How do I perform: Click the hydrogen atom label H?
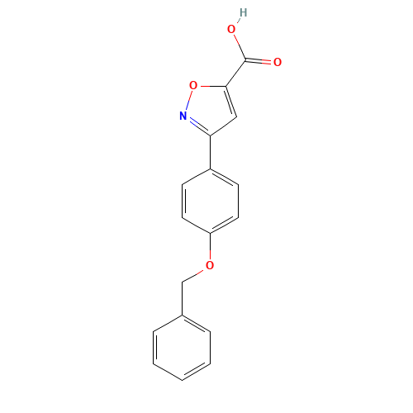(x=242, y=12)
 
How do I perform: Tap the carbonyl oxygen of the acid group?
(x=278, y=62)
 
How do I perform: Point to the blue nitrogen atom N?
(x=183, y=116)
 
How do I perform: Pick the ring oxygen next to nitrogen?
(x=193, y=85)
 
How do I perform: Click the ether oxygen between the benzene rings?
(x=210, y=265)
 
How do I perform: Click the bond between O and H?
(x=237, y=21)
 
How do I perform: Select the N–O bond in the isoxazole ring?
(x=188, y=101)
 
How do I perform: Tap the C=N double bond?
(x=197, y=126)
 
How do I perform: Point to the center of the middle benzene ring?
(x=211, y=202)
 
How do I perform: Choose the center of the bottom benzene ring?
(x=182, y=347)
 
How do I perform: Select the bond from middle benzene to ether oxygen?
(x=210, y=249)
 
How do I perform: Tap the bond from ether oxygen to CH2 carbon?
(x=197, y=273)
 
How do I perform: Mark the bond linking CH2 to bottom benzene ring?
(x=183, y=297)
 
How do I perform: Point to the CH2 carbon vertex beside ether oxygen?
(x=183, y=281)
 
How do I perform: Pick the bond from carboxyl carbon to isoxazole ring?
(x=235, y=73)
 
